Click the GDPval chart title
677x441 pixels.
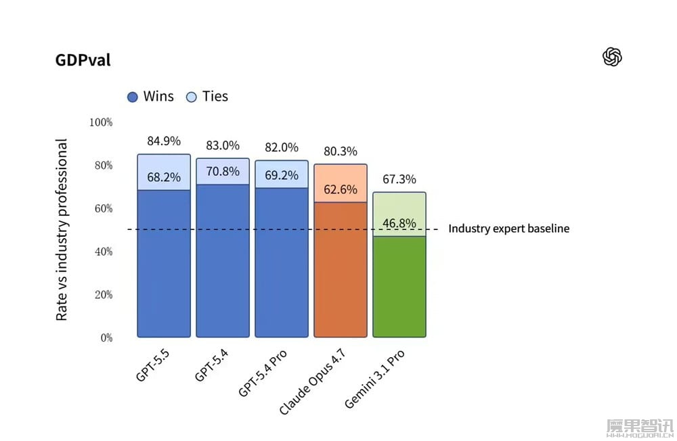point(83,60)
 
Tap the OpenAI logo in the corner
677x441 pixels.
point(612,57)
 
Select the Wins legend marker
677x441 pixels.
point(133,97)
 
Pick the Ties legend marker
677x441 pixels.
point(192,97)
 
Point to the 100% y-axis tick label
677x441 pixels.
point(101,122)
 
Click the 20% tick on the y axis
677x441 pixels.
point(103,295)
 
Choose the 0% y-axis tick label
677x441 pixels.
point(106,338)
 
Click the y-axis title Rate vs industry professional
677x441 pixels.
point(62,230)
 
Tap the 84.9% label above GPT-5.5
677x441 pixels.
point(164,141)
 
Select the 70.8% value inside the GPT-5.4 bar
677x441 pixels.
point(223,172)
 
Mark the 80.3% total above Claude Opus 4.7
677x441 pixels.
point(341,152)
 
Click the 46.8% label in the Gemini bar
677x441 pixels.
point(399,224)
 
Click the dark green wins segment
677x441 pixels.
point(399,287)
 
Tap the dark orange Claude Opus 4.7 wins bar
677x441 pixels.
point(341,271)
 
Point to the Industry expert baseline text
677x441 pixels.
point(508,229)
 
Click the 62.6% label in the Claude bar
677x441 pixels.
point(341,190)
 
